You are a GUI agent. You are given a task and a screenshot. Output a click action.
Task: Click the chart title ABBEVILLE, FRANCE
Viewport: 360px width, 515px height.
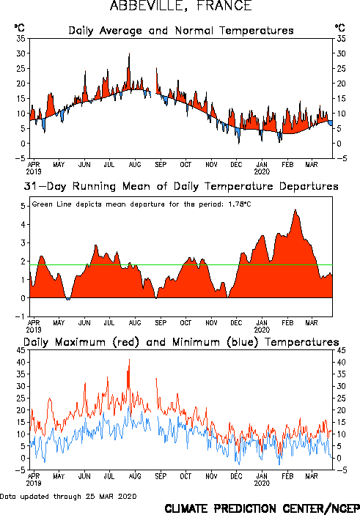pyautogui.click(x=180, y=6)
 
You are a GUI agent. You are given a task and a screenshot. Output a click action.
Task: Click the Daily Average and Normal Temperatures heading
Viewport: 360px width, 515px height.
pyautogui.click(x=181, y=31)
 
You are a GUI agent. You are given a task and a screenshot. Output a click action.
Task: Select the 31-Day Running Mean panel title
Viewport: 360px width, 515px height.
pyautogui.click(x=181, y=186)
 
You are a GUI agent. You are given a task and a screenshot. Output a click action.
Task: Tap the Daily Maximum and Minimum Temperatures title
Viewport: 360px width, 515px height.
pyautogui.click(x=181, y=342)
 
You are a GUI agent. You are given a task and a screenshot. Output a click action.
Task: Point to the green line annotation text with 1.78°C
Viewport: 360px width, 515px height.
pyautogui.click(x=142, y=204)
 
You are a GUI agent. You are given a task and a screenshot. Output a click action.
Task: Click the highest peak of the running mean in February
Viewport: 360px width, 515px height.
pyautogui.click(x=295, y=210)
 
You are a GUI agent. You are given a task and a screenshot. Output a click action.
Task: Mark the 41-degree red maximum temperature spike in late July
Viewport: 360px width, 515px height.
pyautogui.click(x=129, y=359)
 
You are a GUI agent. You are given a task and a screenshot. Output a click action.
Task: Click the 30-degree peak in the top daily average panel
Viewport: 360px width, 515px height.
pyautogui.click(x=129, y=53)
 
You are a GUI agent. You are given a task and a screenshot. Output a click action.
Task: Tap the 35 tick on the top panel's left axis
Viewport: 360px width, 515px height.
pyautogui.click(x=21, y=39)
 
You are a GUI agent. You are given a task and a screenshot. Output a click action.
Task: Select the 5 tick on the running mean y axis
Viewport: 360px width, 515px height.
pyautogui.click(x=23, y=207)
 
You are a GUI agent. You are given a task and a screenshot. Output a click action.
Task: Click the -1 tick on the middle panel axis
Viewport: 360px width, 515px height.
pyautogui.click(x=21, y=316)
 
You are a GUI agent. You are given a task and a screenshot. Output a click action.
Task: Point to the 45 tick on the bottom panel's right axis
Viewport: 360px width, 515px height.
pyautogui.click(x=341, y=350)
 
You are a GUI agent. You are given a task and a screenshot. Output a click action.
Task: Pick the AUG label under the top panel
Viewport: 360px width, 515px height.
pyautogui.click(x=135, y=164)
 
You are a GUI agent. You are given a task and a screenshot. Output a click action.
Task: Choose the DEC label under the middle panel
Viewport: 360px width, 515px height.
pyautogui.click(x=236, y=323)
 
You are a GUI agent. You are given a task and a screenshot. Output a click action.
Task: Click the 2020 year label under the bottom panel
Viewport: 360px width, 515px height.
pyautogui.click(x=262, y=483)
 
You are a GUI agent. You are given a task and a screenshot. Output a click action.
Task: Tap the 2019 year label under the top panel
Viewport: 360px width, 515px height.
pyautogui.click(x=34, y=171)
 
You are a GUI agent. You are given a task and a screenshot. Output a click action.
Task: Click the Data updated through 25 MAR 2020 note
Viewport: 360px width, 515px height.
pyautogui.click(x=68, y=496)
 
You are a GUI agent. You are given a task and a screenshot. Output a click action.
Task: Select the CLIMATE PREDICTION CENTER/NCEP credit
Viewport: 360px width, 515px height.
pyautogui.click(x=262, y=508)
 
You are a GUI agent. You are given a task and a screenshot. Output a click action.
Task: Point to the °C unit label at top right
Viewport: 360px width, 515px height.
pyautogui.click(x=340, y=28)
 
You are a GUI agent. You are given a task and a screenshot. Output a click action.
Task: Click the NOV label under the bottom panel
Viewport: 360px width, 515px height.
pyautogui.click(x=211, y=476)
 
